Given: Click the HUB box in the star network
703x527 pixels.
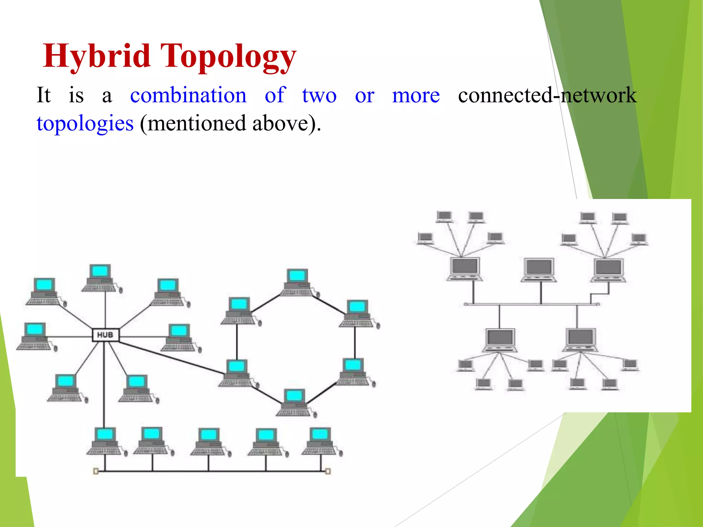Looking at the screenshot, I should [105, 335].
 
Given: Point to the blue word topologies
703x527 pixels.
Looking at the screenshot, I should [85, 124].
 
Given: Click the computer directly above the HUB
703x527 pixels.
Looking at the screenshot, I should [100, 278].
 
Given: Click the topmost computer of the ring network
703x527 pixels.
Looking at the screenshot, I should [297, 282].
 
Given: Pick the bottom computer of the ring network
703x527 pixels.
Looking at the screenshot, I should [294, 402].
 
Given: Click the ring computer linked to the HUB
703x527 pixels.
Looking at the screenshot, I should [237, 373].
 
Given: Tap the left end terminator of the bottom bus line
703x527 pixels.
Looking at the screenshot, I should [96, 471].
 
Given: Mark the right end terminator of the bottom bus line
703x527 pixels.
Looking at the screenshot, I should [328, 471].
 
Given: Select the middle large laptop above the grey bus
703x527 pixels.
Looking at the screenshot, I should [539, 270].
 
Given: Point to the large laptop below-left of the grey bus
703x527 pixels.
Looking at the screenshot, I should [500, 340].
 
